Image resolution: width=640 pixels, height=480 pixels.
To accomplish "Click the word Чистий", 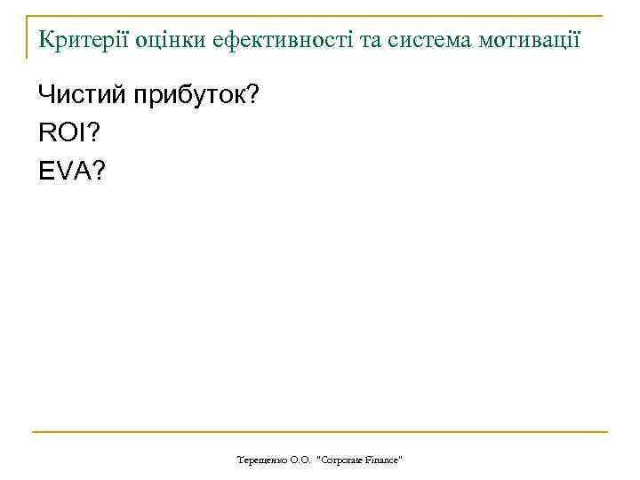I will pos(82,96).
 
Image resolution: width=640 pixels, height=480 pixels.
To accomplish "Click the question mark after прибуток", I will pos(252,96).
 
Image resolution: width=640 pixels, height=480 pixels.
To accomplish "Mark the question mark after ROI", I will pos(93,133).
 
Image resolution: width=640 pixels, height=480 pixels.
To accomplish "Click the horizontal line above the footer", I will pos(320,433).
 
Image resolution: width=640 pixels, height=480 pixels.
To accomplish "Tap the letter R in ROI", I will pos(46,133).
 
